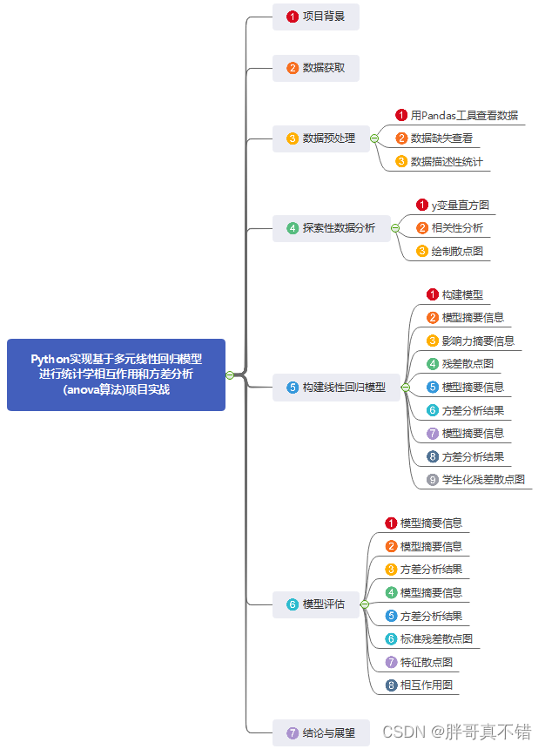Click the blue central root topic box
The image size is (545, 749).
click(116, 374)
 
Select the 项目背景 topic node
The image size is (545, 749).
click(316, 17)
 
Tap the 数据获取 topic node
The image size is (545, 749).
click(316, 68)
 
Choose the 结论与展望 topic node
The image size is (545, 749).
click(321, 733)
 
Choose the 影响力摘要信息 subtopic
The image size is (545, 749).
click(478, 341)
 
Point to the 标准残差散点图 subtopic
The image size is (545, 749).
click(436, 639)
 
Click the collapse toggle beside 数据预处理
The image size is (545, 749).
click(374, 138)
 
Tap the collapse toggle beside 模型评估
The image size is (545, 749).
click(365, 604)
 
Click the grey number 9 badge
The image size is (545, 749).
click(433, 480)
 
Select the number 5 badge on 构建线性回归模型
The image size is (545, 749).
click(293, 388)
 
